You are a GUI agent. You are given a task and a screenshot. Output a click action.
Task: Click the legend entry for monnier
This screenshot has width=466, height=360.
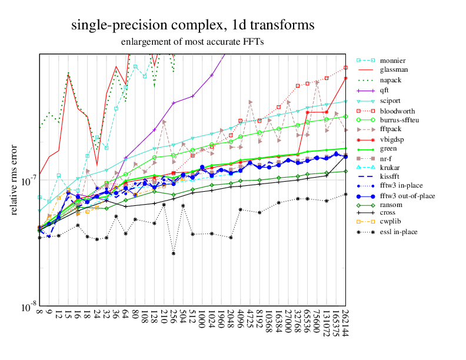(392, 61)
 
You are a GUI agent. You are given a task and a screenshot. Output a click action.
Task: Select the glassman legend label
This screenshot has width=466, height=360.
(393, 69)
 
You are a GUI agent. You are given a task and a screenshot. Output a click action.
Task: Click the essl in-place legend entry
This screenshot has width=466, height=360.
(398, 232)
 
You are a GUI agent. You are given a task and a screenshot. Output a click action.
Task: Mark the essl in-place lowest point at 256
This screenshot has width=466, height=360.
(174, 253)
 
